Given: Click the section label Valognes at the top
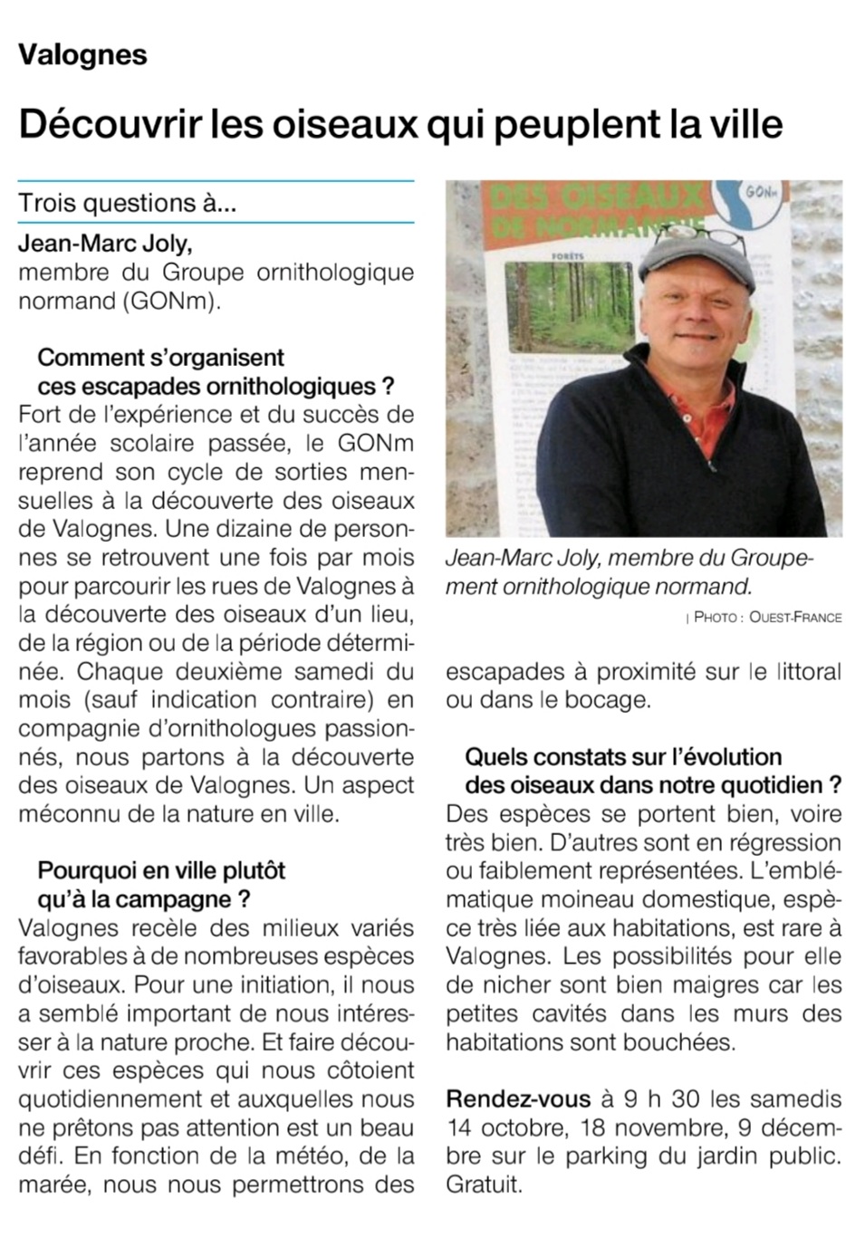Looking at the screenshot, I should pos(82,55).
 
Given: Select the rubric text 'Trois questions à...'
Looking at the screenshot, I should pos(127,202).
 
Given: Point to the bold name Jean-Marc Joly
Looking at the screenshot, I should pos(105,244).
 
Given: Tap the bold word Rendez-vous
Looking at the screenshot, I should pos(518,1099).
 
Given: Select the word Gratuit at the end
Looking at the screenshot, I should pos(484,1185).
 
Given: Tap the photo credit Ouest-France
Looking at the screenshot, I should pos(795,618).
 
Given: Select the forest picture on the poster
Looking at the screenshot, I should pos(568,306).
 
